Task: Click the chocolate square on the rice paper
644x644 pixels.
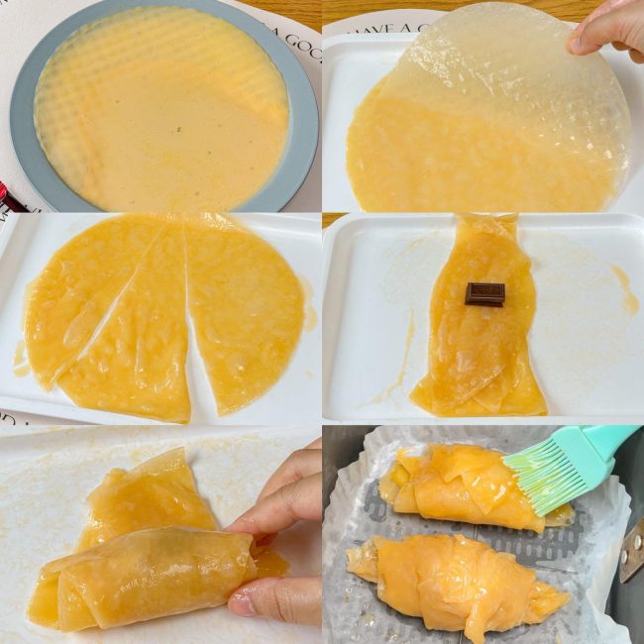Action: pos(484,293)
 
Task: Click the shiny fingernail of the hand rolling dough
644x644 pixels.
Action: pos(242,604)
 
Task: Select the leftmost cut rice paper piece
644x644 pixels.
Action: pos(79,297)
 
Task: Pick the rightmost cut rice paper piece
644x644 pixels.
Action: pos(243,307)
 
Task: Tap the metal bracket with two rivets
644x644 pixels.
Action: pos(630,550)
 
